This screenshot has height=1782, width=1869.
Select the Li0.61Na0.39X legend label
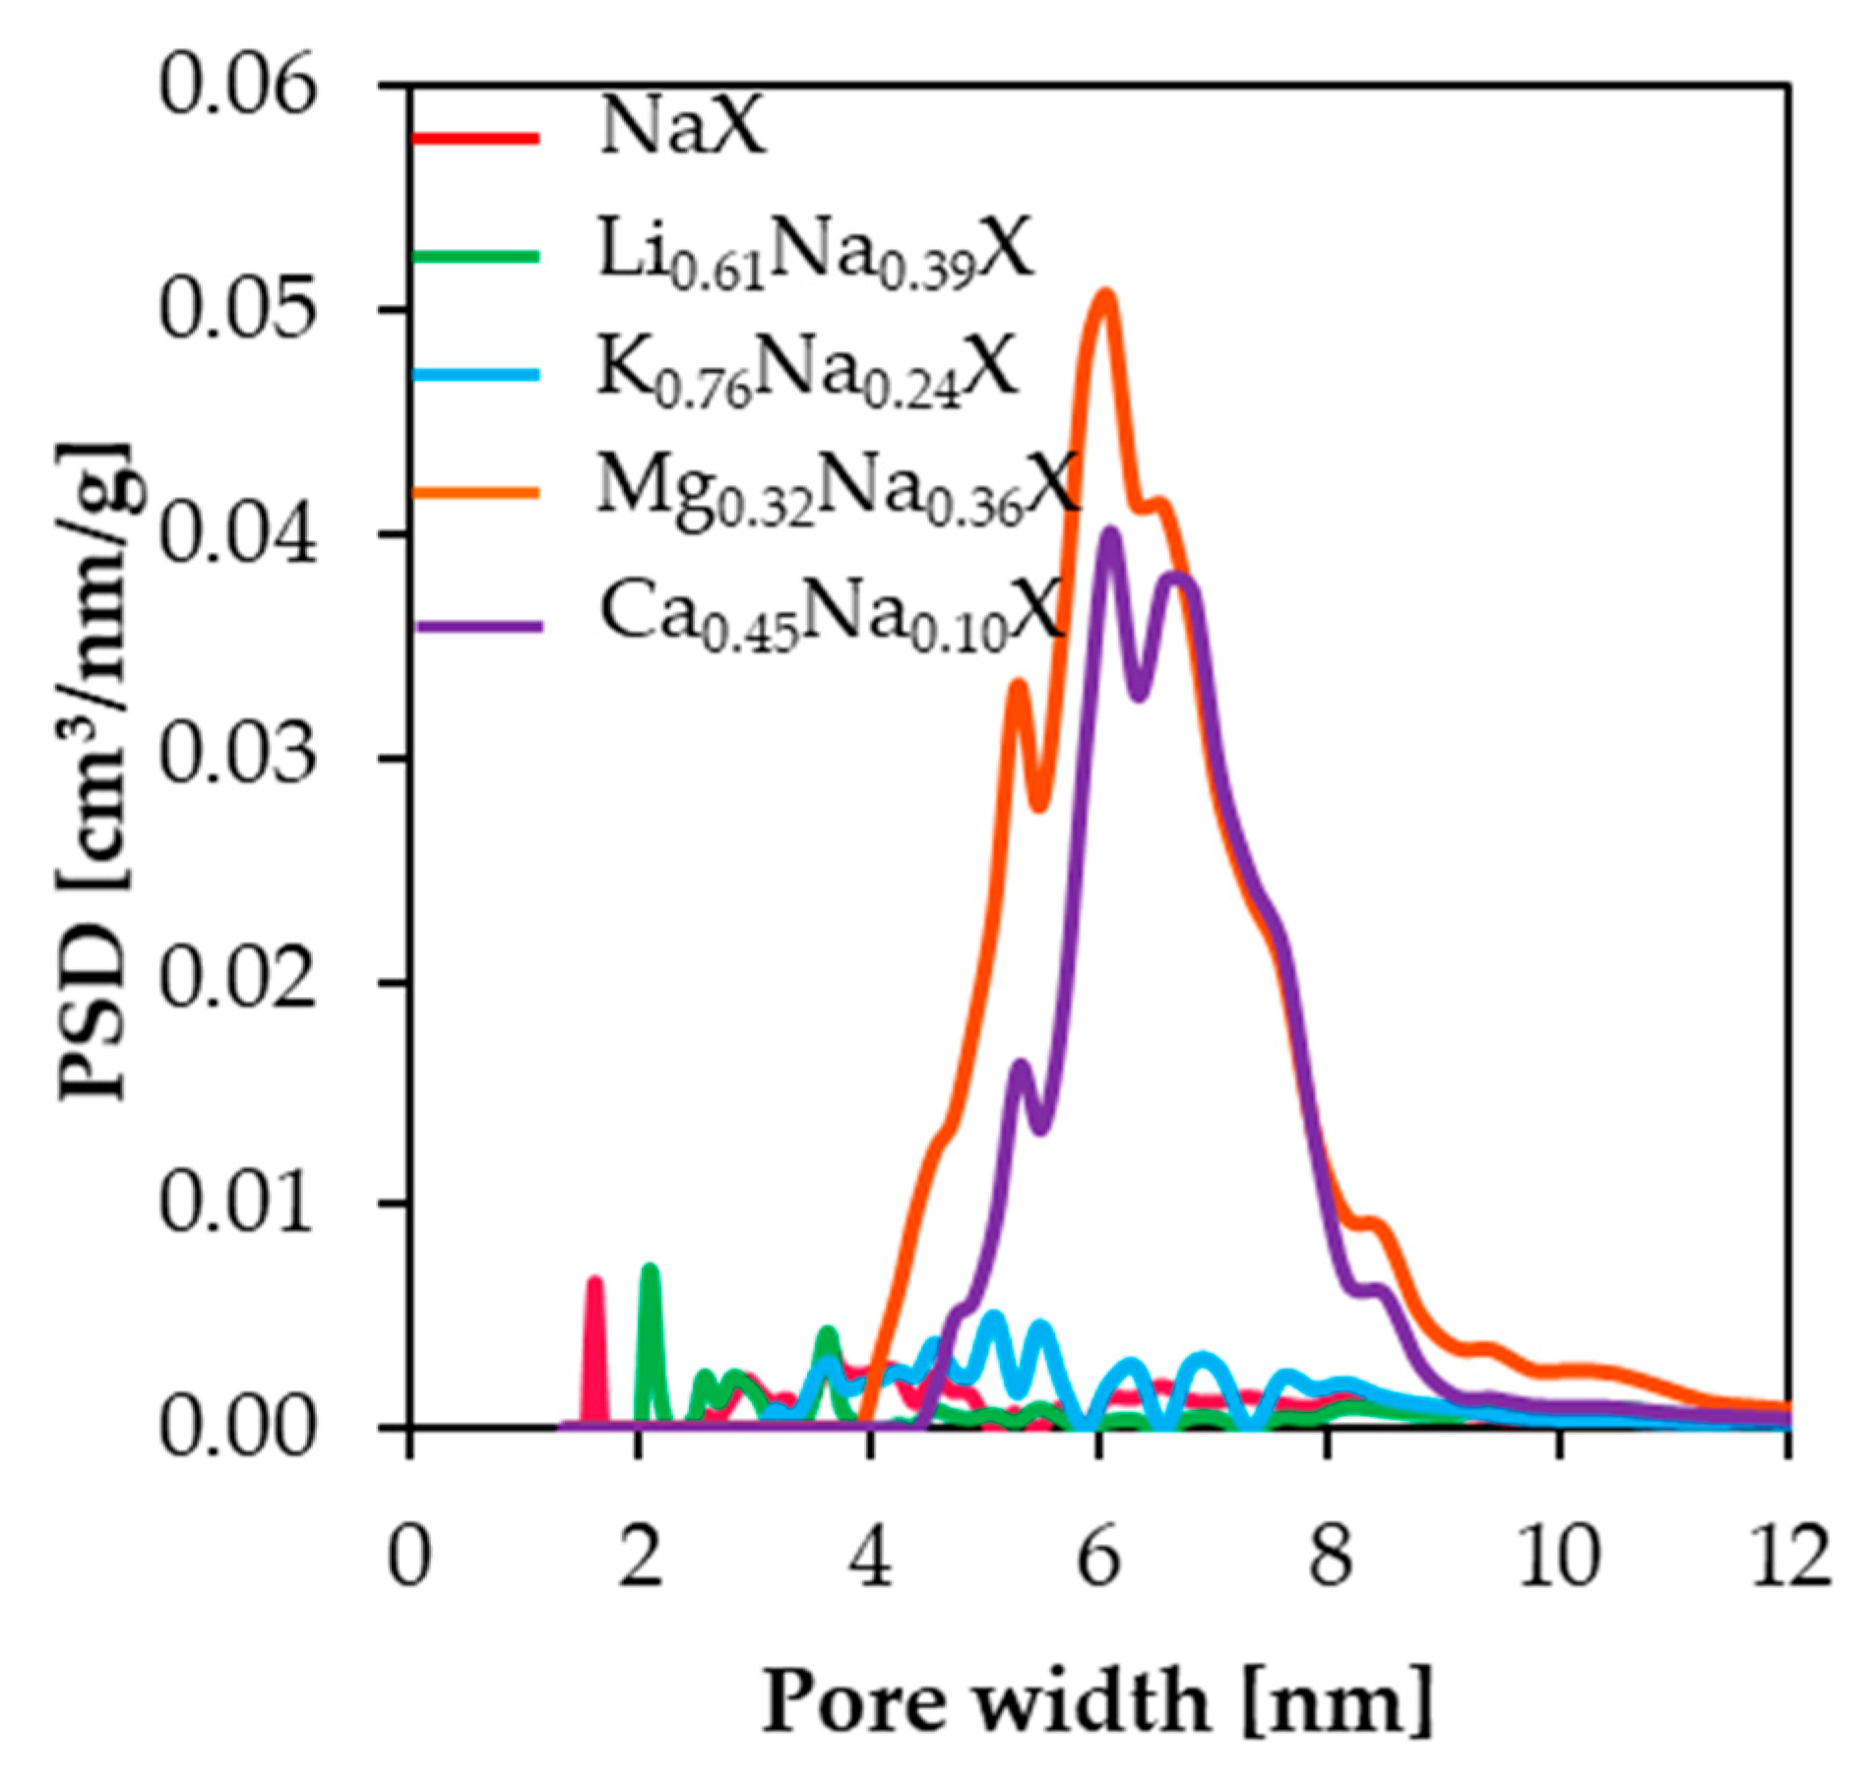[x=815, y=254]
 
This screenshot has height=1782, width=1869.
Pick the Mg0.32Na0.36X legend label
[x=837, y=489]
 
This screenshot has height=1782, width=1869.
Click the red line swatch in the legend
[x=474, y=137]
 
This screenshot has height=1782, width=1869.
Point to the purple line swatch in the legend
[x=478, y=625]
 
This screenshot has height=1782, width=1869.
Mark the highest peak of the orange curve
[x=1105, y=294]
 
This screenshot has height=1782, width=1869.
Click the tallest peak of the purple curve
[x=1111, y=534]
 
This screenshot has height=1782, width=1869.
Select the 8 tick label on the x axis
[x=1330, y=1557]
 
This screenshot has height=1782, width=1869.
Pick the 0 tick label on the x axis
[x=409, y=1557]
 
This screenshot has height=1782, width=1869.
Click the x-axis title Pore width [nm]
[x=1096, y=1700]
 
